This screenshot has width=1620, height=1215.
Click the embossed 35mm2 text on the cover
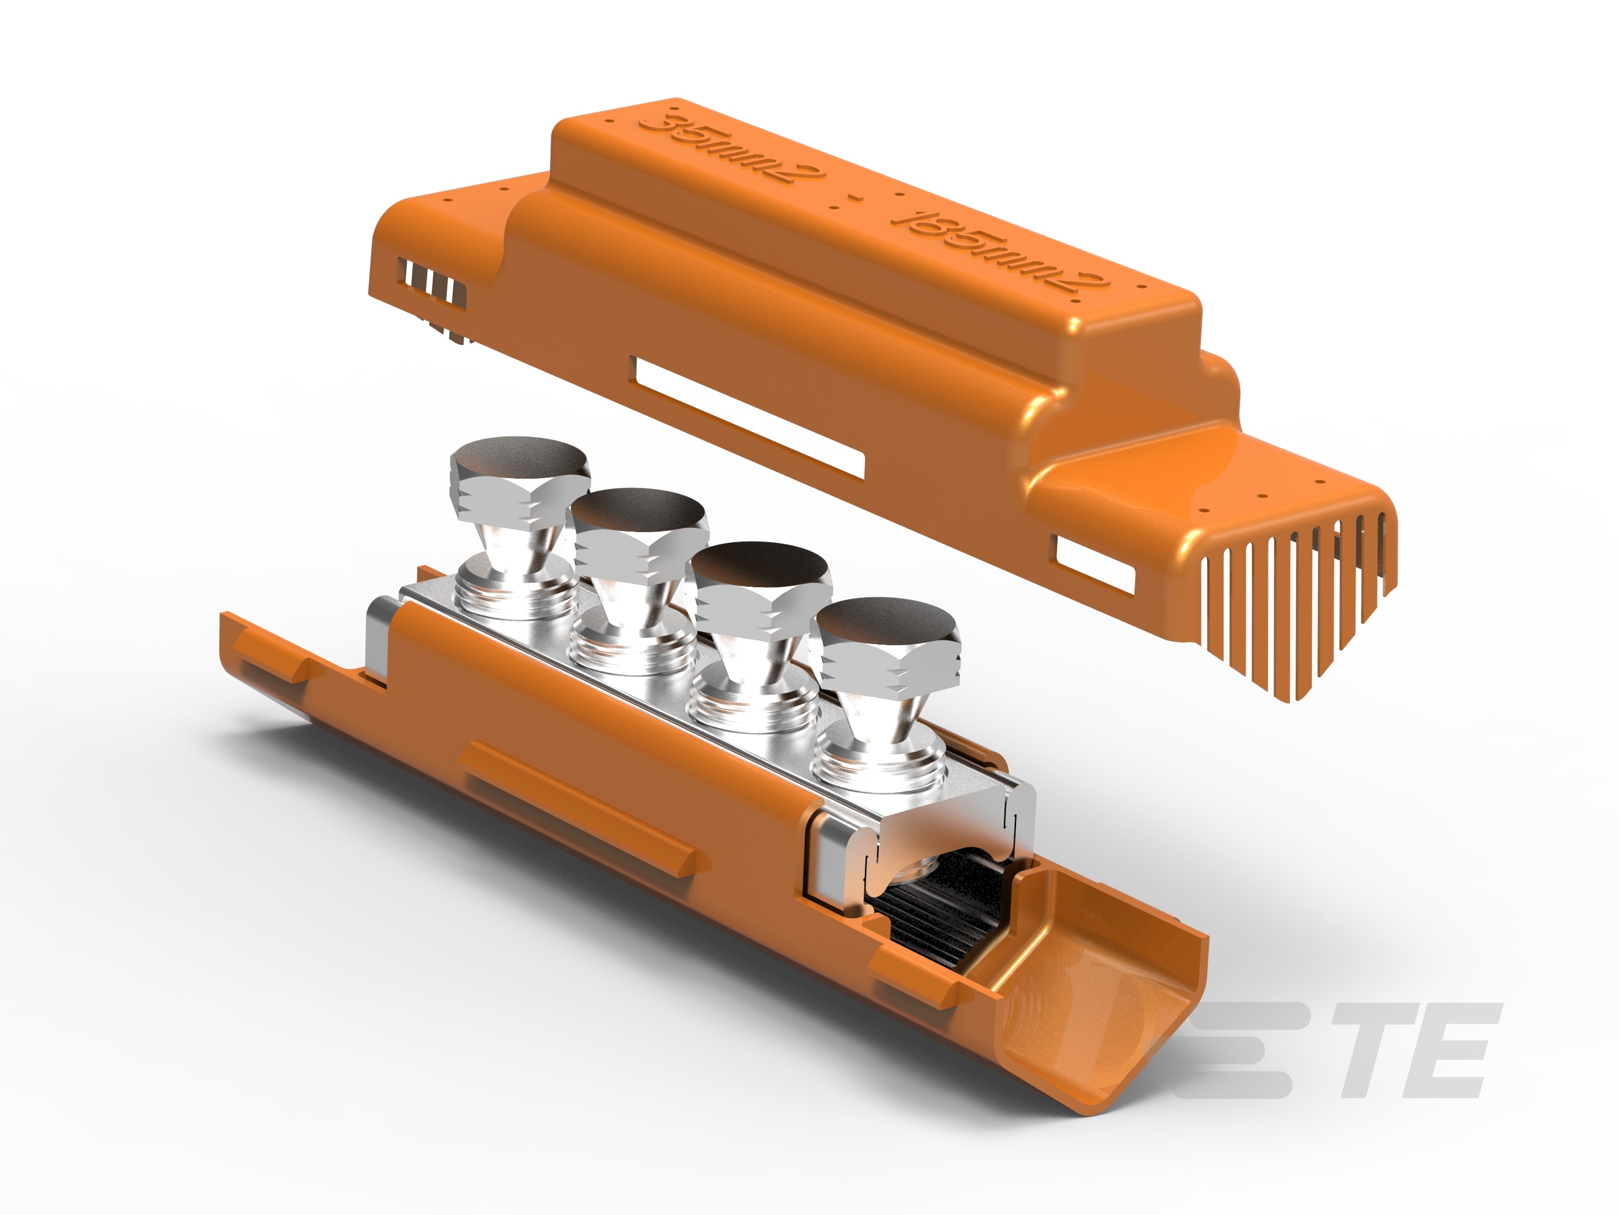[731, 150]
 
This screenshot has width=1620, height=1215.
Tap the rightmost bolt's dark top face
[886, 621]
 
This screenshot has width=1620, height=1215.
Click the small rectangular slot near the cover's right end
[1094, 563]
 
